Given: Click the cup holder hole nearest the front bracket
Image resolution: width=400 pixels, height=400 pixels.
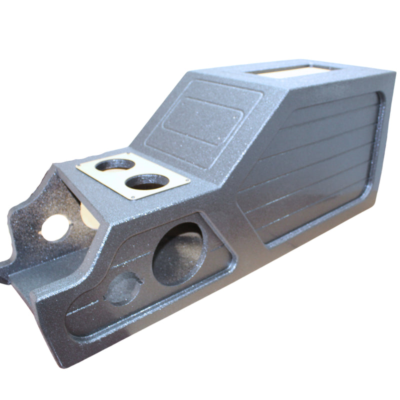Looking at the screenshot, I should point(114,164).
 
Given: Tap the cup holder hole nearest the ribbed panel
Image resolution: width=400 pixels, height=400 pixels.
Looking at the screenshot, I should point(146,181).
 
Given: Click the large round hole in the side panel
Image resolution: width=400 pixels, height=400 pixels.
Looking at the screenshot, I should point(179,253).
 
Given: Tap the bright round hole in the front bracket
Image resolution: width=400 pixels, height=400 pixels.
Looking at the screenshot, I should point(54,227).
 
